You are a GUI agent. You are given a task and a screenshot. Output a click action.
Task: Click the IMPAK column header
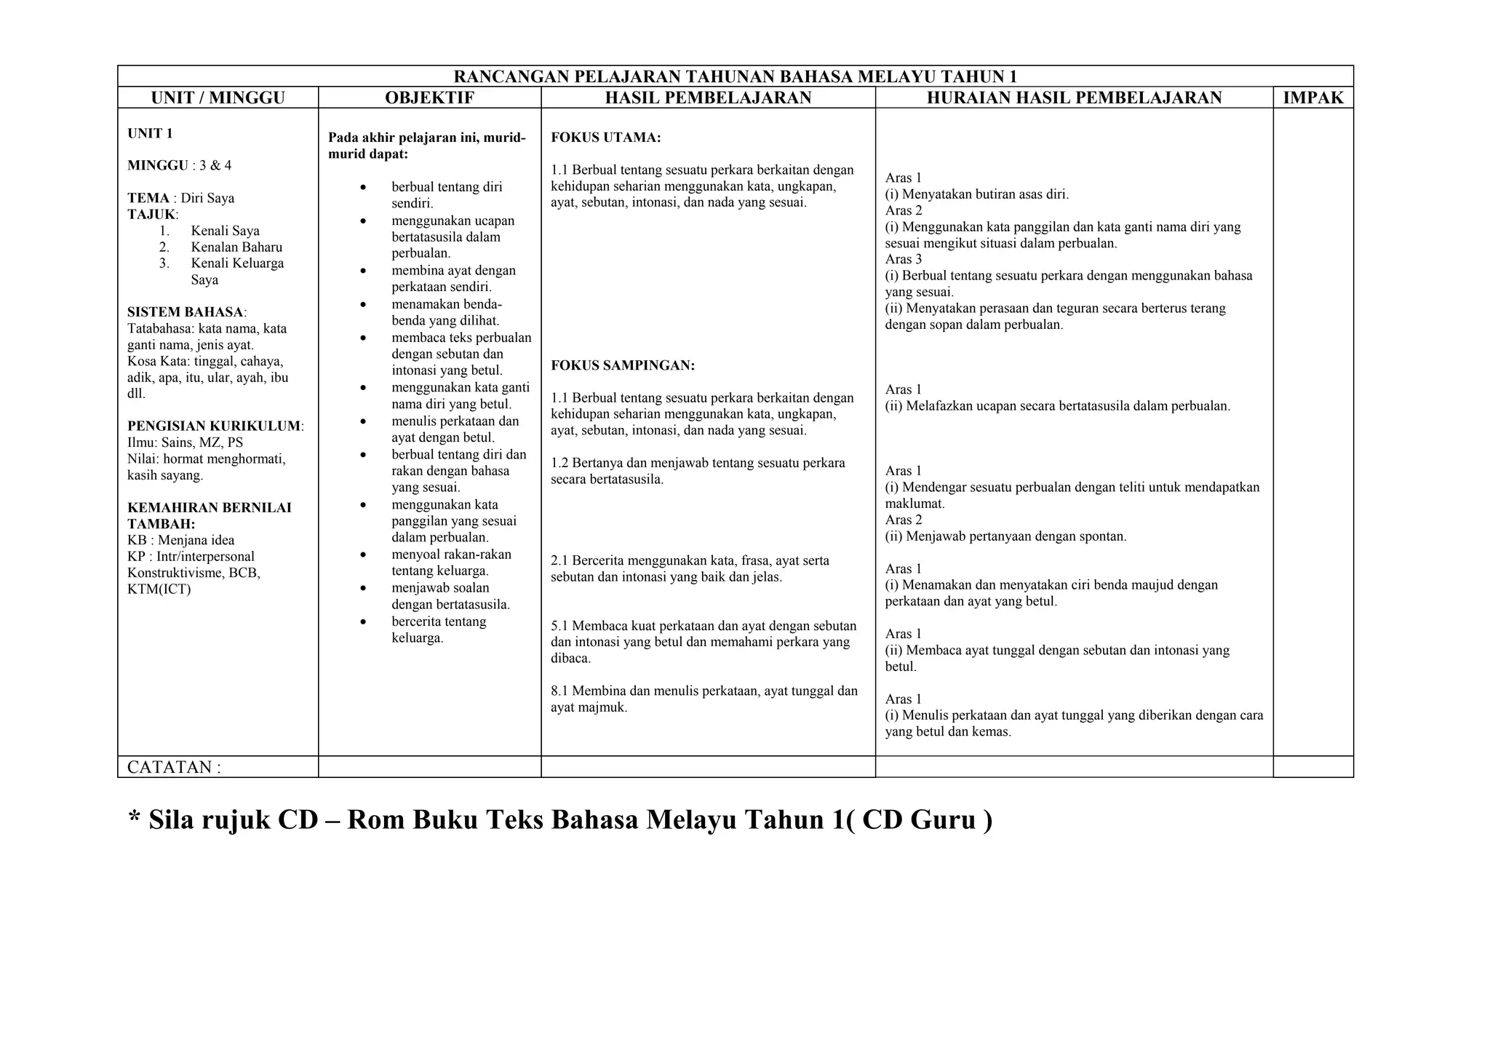pyautogui.click(x=1312, y=98)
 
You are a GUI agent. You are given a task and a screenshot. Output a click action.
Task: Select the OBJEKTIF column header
pyautogui.click(x=429, y=98)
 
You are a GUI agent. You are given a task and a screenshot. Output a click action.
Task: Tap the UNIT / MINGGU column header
pyautogui.click(x=218, y=98)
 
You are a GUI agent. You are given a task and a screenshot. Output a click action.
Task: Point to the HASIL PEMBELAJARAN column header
pyautogui.click(x=708, y=98)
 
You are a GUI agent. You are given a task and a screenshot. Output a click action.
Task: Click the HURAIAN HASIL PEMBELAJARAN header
pyautogui.click(x=1074, y=98)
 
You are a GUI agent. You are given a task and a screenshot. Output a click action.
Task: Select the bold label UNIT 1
pyautogui.click(x=150, y=133)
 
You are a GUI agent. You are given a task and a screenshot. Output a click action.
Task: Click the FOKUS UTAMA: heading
pyautogui.click(x=605, y=137)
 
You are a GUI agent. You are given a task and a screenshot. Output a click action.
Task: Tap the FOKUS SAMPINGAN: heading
pyautogui.click(x=622, y=365)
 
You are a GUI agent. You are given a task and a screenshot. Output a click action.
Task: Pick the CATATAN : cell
pyautogui.click(x=174, y=767)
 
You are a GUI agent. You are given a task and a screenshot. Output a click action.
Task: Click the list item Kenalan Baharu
pyautogui.click(x=236, y=247)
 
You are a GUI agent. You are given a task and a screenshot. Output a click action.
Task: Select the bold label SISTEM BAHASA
pyautogui.click(x=185, y=312)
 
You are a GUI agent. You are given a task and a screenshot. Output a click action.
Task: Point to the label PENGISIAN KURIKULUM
pyautogui.click(x=215, y=426)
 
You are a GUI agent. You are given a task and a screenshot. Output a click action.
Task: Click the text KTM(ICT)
pyautogui.click(x=159, y=589)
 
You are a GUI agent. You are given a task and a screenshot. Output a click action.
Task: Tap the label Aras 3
pyautogui.click(x=903, y=259)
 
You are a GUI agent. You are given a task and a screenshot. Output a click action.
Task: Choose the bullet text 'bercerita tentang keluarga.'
pyautogui.click(x=438, y=630)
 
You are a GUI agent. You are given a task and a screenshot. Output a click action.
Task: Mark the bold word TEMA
pyautogui.click(x=148, y=198)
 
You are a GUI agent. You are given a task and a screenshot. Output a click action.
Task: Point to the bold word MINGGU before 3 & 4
pyautogui.click(x=158, y=165)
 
